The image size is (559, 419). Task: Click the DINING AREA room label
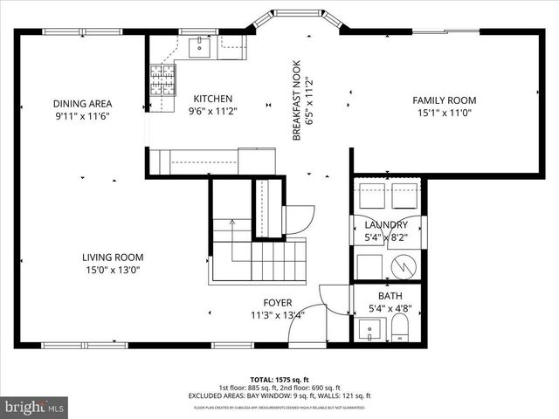[82, 104]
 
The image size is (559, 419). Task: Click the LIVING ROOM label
[113, 257]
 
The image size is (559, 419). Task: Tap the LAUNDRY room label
[386, 225]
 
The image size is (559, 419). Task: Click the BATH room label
[390, 296]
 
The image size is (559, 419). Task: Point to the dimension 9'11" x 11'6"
[82, 115]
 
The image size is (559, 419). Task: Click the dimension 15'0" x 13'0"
[113, 270]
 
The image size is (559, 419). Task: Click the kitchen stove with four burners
[163, 80]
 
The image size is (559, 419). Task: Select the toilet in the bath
[400, 329]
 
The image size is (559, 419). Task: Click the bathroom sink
[370, 333]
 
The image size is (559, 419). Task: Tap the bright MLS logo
[35, 407]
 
